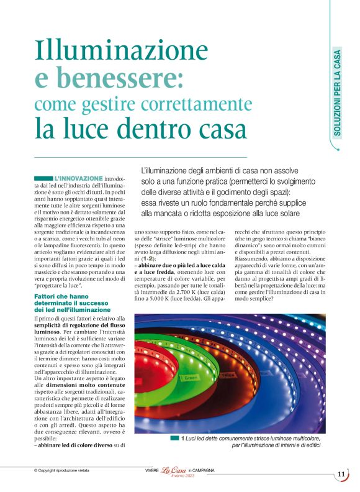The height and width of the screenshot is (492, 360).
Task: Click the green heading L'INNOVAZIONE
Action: coord(78,179)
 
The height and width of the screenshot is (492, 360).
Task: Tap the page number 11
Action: coord(341,474)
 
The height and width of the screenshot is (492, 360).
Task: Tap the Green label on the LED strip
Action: coord(191,378)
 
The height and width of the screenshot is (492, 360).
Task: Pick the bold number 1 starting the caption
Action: coord(183,439)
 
